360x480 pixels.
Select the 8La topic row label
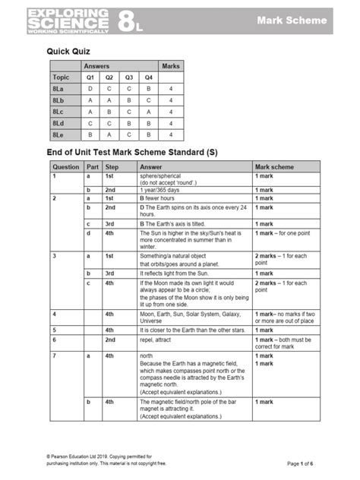[58, 89]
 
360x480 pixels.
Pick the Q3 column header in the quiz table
[129, 77]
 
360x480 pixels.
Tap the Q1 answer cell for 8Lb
[90, 100]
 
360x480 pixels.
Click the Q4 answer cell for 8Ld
[149, 123]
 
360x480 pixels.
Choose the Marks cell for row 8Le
[172, 134]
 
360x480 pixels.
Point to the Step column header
[112, 166]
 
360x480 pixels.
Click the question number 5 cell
[54, 330]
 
